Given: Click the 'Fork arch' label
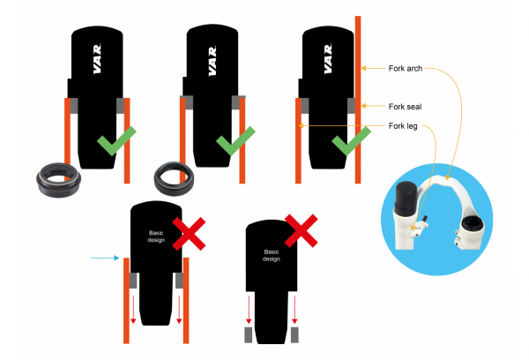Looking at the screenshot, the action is coord(406,69).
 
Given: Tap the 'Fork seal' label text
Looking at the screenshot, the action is coord(405,107).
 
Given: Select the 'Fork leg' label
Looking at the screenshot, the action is coord(403,126).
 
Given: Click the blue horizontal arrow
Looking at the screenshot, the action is coord(105,258).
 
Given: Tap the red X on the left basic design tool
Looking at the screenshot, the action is coord(189,234).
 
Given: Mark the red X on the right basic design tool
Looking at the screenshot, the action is coord(302,230).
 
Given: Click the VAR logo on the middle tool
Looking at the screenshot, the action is coord(212,61).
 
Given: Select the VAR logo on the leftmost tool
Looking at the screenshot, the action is coord(97,59).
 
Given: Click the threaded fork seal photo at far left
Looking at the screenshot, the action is coord(58,180).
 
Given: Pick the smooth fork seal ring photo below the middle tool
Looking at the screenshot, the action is coord(174,178).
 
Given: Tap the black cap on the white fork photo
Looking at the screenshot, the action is coord(406,196).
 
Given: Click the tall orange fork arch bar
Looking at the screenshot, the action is coord(358,100).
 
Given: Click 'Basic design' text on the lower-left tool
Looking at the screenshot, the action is coord(156,236).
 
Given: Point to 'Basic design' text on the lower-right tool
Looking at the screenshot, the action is coord(272,255).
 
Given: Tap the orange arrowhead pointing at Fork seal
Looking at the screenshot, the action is coord(363,106).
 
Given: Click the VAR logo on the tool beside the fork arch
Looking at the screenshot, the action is coord(328,59).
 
